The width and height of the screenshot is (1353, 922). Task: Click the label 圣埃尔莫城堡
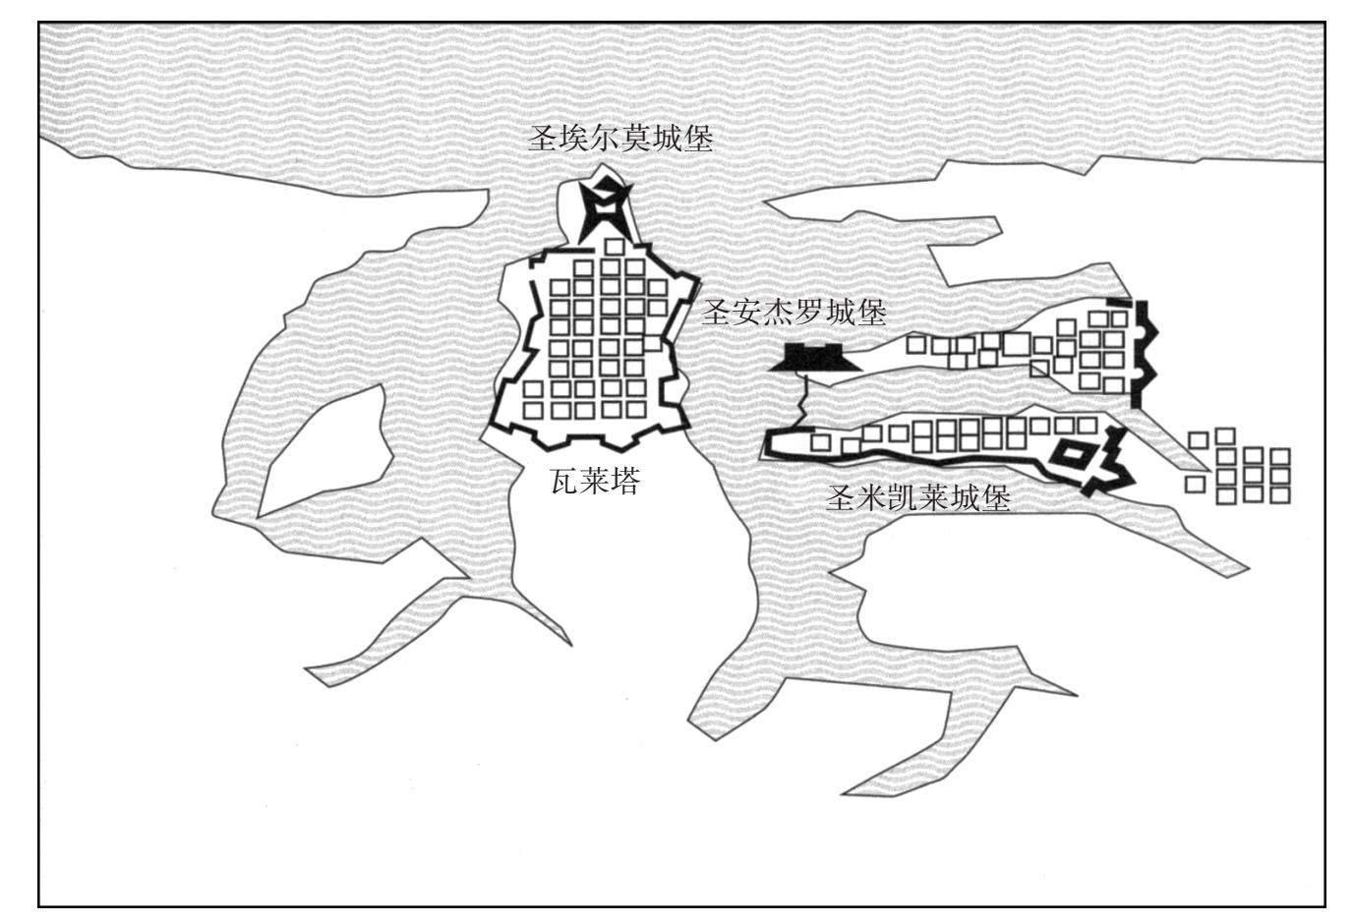(x=620, y=139)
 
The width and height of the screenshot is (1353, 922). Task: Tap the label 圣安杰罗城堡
(x=794, y=313)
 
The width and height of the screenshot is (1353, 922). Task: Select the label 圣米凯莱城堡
(x=918, y=498)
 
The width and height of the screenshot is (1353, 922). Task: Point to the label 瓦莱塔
(x=596, y=482)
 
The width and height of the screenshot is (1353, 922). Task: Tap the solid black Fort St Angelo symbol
(x=815, y=358)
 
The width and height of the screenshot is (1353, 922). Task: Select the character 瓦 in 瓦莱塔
(x=565, y=482)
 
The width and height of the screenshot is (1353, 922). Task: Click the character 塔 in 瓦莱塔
(x=625, y=482)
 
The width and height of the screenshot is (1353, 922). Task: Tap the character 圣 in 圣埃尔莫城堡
(x=544, y=139)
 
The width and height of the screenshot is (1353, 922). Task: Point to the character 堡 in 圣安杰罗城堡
(x=871, y=313)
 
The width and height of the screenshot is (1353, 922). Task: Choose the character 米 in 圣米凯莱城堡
(x=871, y=498)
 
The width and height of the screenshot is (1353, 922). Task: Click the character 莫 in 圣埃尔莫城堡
(x=636, y=139)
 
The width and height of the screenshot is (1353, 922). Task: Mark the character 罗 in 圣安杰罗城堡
(x=809, y=313)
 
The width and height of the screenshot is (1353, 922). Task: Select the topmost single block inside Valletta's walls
(x=615, y=247)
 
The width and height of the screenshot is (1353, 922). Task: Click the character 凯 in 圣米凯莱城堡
(x=903, y=498)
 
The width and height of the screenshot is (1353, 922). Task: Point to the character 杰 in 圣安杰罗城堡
(x=779, y=313)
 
